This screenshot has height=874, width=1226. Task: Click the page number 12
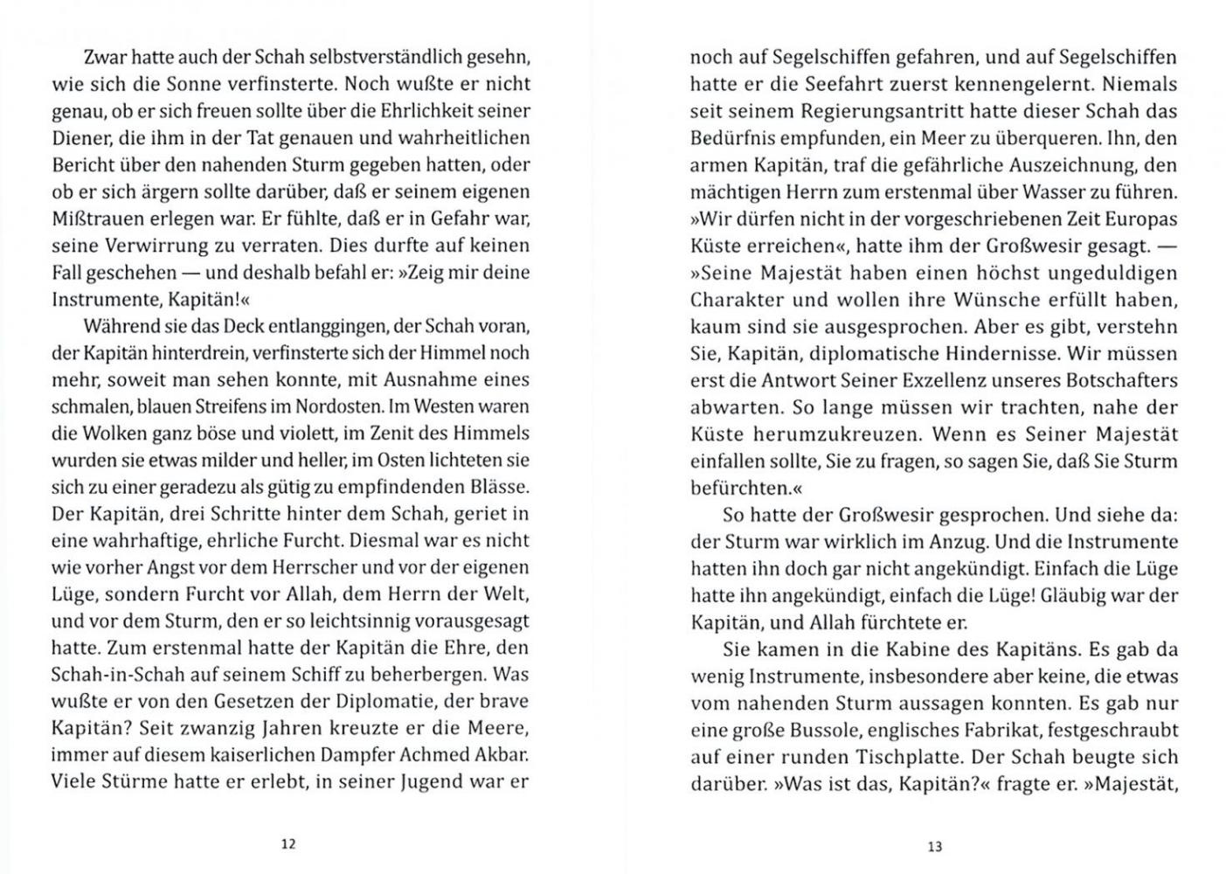288,844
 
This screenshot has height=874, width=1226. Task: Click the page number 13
934,846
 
